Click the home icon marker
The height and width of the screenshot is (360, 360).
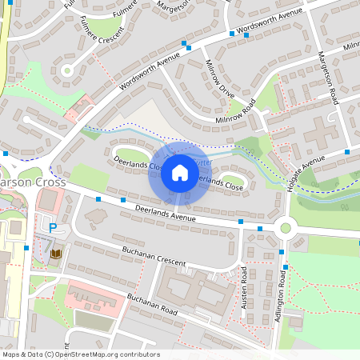tap(179, 173)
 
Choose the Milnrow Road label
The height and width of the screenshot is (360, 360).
tap(235, 113)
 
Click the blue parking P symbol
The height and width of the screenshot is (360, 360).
tap(53, 228)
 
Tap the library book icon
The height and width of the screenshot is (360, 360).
tap(56, 254)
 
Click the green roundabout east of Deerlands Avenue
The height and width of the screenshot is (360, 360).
tap(286, 228)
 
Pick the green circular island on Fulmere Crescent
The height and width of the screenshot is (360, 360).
tap(67, 70)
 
